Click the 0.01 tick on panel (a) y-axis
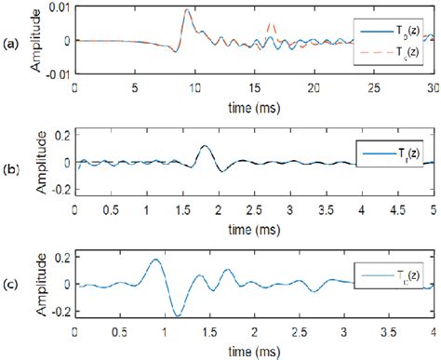coord(57,7)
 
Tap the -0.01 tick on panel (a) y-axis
coord(55,73)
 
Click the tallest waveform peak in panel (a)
coord(187,11)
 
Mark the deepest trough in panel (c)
coord(174,315)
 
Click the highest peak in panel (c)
coord(154,260)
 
